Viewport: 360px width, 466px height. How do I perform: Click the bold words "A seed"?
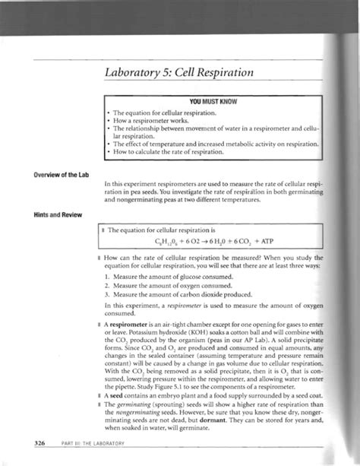click(x=111, y=386)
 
